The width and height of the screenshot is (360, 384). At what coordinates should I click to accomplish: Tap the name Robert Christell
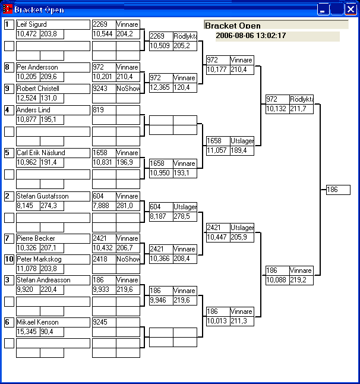click(37, 89)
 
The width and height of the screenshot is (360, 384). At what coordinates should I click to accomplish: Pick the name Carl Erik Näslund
click(40, 153)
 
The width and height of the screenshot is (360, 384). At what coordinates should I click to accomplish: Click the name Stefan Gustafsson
click(42, 196)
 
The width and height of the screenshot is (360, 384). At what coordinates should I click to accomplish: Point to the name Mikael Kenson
click(37, 322)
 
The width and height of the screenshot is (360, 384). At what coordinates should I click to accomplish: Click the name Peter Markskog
click(39, 259)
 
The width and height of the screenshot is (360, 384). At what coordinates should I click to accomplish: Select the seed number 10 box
click(9, 259)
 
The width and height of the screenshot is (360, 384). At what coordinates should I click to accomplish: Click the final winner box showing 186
click(338, 190)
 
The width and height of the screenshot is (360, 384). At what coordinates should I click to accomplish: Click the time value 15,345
click(27, 332)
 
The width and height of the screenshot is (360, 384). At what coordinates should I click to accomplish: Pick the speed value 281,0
click(128, 206)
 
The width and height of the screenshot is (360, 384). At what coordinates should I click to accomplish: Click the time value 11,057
click(217, 150)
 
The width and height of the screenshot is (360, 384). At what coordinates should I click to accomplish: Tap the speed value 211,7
click(301, 109)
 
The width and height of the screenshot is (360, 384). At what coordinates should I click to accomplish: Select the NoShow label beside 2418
click(128, 259)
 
